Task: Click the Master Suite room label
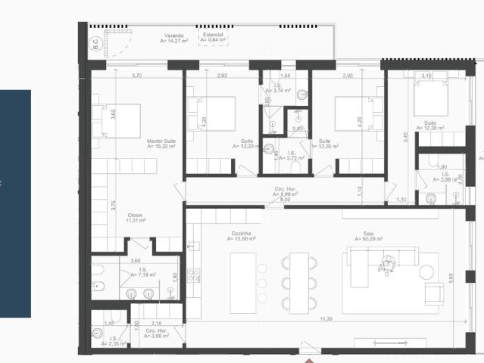tap(161, 141)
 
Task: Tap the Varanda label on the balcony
tap(175, 36)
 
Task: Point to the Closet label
tap(135, 215)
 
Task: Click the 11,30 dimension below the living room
tap(326, 319)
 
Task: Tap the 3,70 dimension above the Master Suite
tap(137, 76)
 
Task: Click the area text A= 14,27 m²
tap(175, 41)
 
